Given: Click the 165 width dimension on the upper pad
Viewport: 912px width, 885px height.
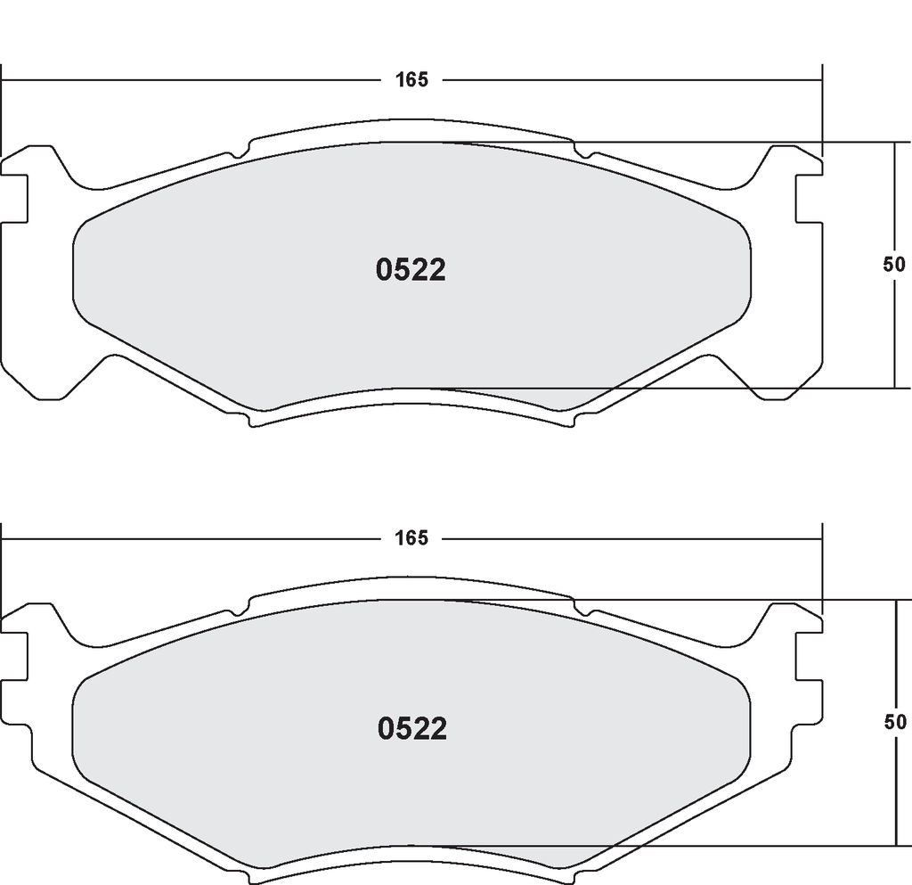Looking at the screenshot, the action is pos(411,79).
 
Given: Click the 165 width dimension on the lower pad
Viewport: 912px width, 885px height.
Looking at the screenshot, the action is pos(411,538).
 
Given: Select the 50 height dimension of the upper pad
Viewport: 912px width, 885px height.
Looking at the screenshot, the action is pos(894,265).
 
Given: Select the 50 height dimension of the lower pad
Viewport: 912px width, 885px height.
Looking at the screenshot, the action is pos(895,722).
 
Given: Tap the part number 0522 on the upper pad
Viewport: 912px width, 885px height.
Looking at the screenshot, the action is pos(411,271).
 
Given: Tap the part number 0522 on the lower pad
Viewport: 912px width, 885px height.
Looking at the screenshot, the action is pos(411,728).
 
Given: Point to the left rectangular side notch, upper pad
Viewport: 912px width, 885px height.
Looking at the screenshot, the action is pos(14,198).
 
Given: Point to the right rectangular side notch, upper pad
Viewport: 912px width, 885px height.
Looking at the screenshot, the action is pos(809,198).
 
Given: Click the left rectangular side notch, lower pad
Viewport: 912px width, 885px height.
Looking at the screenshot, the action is pos(14,656).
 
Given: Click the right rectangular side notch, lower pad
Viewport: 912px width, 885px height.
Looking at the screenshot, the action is pos(809,656).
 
